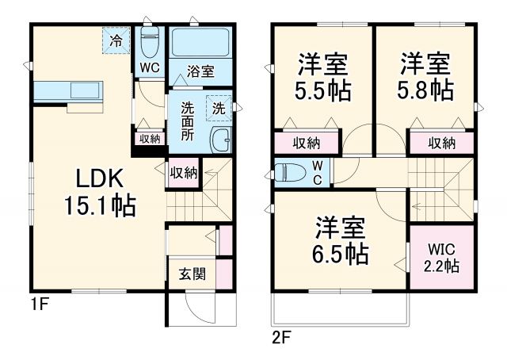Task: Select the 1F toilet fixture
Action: (x=150, y=41)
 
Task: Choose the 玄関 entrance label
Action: (x=192, y=275)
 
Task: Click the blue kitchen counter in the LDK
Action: (x=68, y=88)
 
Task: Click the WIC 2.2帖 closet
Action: (x=442, y=258)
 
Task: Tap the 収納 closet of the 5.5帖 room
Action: (x=307, y=143)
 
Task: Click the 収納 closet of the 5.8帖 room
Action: (x=441, y=143)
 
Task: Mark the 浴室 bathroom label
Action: (x=200, y=71)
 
